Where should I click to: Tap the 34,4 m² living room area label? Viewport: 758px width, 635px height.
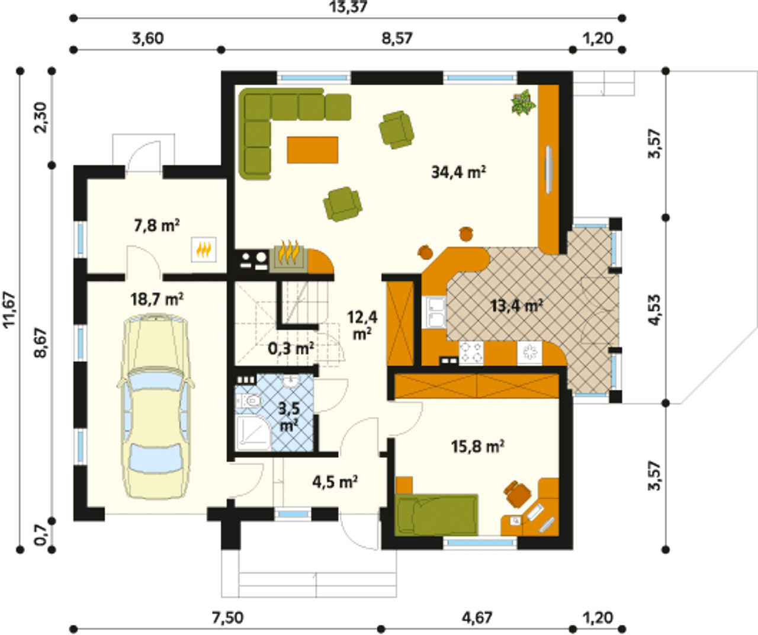pyautogui.click(x=458, y=172)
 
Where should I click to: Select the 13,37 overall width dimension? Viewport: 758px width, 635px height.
pyautogui.click(x=349, y=7)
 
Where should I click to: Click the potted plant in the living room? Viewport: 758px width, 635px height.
pyautogui.click(x=523, y=102)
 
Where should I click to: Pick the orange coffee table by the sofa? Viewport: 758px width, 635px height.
pyautogui.click(x=313, y=150)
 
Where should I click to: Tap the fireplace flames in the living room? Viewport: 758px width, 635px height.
pyautogui.click(x=289, y=251)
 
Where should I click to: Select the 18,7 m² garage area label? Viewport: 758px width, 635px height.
pyautogui.click(x=157, y=300)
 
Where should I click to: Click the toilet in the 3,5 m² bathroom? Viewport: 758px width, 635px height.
pyautogui.click(x=251, y=401)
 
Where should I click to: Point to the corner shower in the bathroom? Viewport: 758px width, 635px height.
pyautogui.click(x=253, y=433)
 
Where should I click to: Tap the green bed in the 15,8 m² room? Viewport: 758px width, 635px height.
pyautogui.click(x=436, y=515)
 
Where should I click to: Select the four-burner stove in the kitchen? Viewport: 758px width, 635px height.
pyautogui.click(x=471, y=353)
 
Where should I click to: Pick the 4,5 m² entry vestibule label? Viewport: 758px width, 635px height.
pyautogui.click(x=335, y=482)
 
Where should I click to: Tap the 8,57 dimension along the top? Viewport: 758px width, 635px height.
pyautogui.click(x=397, y=38)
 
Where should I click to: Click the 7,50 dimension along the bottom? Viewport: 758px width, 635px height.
pyautogui.click(x=227, y=618)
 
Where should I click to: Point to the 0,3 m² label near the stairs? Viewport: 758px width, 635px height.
pyautogui.click(x=291, y=349)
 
